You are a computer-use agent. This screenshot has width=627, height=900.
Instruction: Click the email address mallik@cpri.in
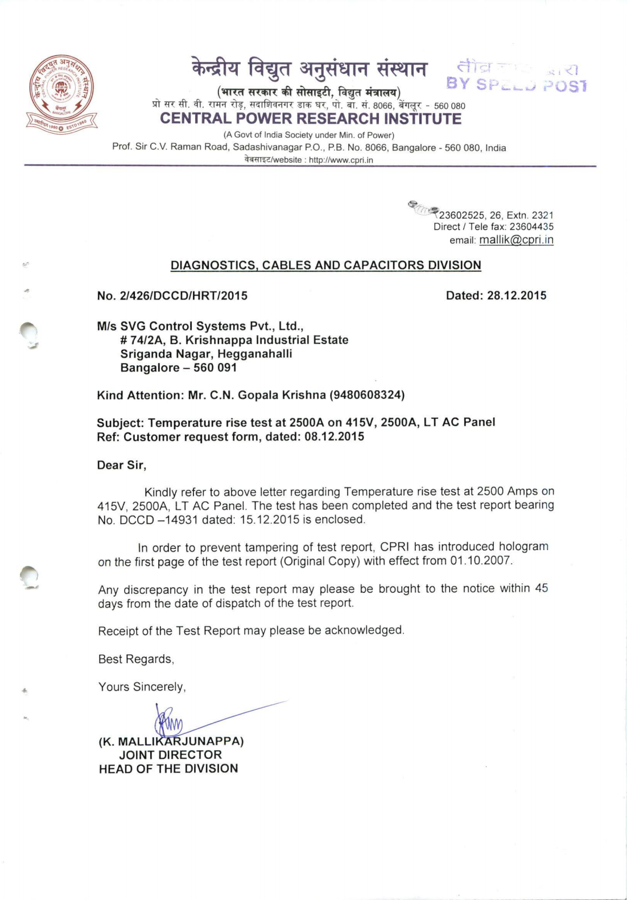click(x=516, y=240)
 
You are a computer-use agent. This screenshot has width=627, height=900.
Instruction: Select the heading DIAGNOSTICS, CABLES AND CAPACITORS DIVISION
click(x=326, y=265)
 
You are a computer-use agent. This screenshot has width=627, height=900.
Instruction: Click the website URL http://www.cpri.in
click(x=341, y=160)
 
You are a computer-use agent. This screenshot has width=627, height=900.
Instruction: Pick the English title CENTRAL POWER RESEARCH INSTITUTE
click(x=311, y=119)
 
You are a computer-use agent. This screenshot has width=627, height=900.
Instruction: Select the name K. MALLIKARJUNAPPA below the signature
click(x=171, y=741)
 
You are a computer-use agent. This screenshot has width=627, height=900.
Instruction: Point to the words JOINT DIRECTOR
click(x=170, y=755)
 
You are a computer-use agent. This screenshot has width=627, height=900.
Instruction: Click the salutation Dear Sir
click(x=122, y=465)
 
